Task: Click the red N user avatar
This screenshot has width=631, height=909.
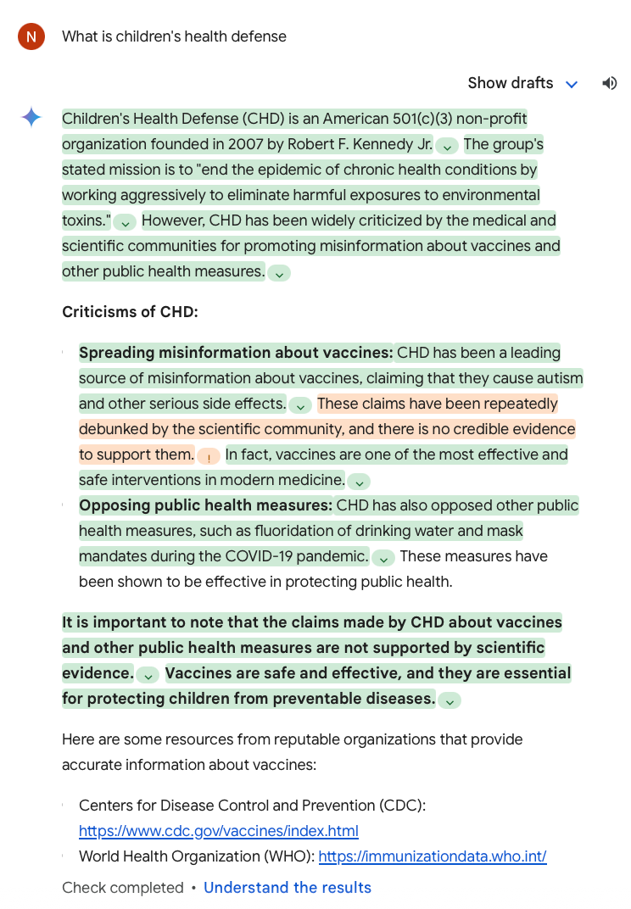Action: click(x=31, y=36)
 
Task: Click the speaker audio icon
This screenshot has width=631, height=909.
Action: click(x=609, y=83)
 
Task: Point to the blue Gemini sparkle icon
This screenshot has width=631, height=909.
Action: click(x=31, y=118)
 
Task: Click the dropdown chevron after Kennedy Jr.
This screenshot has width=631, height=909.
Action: click(x=448, y=146)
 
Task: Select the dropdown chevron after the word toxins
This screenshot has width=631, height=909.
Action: click(x=125, y=222)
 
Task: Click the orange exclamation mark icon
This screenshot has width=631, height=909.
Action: click(x=209, y=456)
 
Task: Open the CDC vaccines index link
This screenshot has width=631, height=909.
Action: click(x=219, y=831)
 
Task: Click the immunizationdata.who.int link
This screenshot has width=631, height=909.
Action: click(x=433, y=856)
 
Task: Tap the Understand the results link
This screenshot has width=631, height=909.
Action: click(x=288, y=888)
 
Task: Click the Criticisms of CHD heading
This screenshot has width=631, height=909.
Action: click(x=130, y=312)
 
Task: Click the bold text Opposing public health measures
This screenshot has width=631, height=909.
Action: click(x=206, y=505)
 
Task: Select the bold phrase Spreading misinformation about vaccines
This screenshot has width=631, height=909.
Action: click(x=237, y=353)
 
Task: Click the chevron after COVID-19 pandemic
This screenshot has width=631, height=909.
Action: click(x=383, y=558)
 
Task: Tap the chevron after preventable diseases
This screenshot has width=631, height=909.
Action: click(x=450, y=700)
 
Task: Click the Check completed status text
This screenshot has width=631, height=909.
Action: click(x=123, y=888)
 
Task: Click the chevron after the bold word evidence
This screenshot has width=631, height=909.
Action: click(x=148, y=675)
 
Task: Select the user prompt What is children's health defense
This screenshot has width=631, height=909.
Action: click(x=175, y=36)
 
